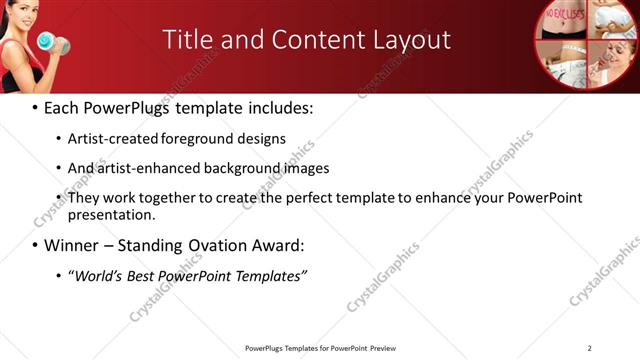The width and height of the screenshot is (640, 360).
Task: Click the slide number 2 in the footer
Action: point(590,347)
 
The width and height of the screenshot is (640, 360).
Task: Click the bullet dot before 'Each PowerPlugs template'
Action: point(36,107)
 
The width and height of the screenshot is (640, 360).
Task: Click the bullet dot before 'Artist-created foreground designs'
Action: point(57,139)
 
